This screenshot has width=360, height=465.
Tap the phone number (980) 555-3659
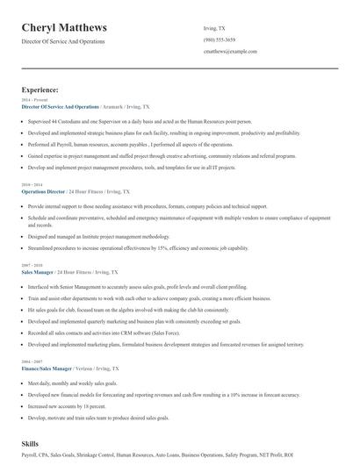tap(220, 39)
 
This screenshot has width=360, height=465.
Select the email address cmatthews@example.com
tap(230, 52)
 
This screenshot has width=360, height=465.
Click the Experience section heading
tap(40, 89)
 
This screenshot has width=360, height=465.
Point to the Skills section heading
tap(32, 445)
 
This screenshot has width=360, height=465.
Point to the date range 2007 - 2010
tap(31, 264)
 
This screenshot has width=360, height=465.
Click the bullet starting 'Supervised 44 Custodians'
tap(145, 121)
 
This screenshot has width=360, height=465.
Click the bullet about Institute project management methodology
tap(98, 237)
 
